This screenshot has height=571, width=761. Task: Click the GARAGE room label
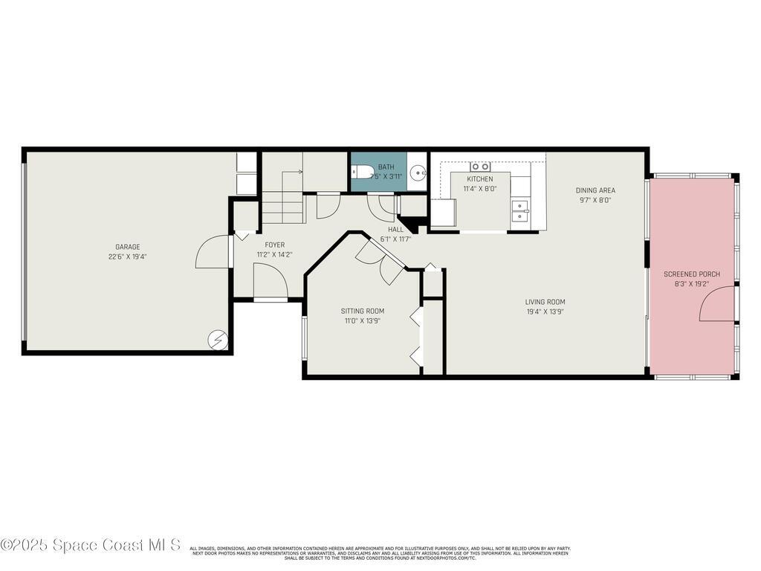pos(127,247)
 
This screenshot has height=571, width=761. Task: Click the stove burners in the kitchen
pos(480,167)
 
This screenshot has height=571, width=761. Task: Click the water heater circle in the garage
pos(218,340)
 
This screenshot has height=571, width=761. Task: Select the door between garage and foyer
pos(213,251)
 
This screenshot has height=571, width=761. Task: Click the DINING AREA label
pos(595,190)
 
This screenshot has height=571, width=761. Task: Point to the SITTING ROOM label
pos(363,311)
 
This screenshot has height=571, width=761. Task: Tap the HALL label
pos(395,230)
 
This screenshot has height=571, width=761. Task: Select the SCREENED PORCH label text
pos(691,274)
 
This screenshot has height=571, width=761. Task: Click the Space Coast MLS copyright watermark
pos(90,545)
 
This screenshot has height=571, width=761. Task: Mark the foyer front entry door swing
pos(270,280)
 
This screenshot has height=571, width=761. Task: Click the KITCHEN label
pos(479,179)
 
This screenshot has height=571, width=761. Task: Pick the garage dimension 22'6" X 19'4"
pos(127,257)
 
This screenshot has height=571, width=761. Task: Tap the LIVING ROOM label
pos(545,302)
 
